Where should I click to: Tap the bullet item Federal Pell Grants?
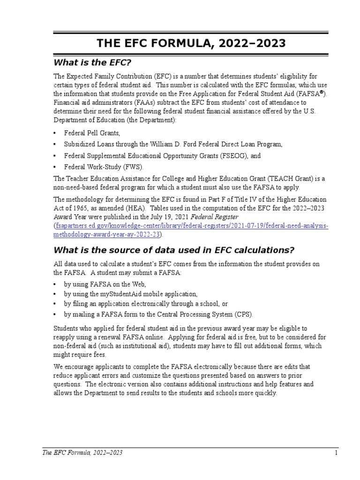pyautogui.click(x=89, y=133)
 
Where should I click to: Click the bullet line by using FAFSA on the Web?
pyautogui.click(x=105, y=284)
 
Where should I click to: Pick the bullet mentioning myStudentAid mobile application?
pyautogui.click(x=131, y=294)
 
